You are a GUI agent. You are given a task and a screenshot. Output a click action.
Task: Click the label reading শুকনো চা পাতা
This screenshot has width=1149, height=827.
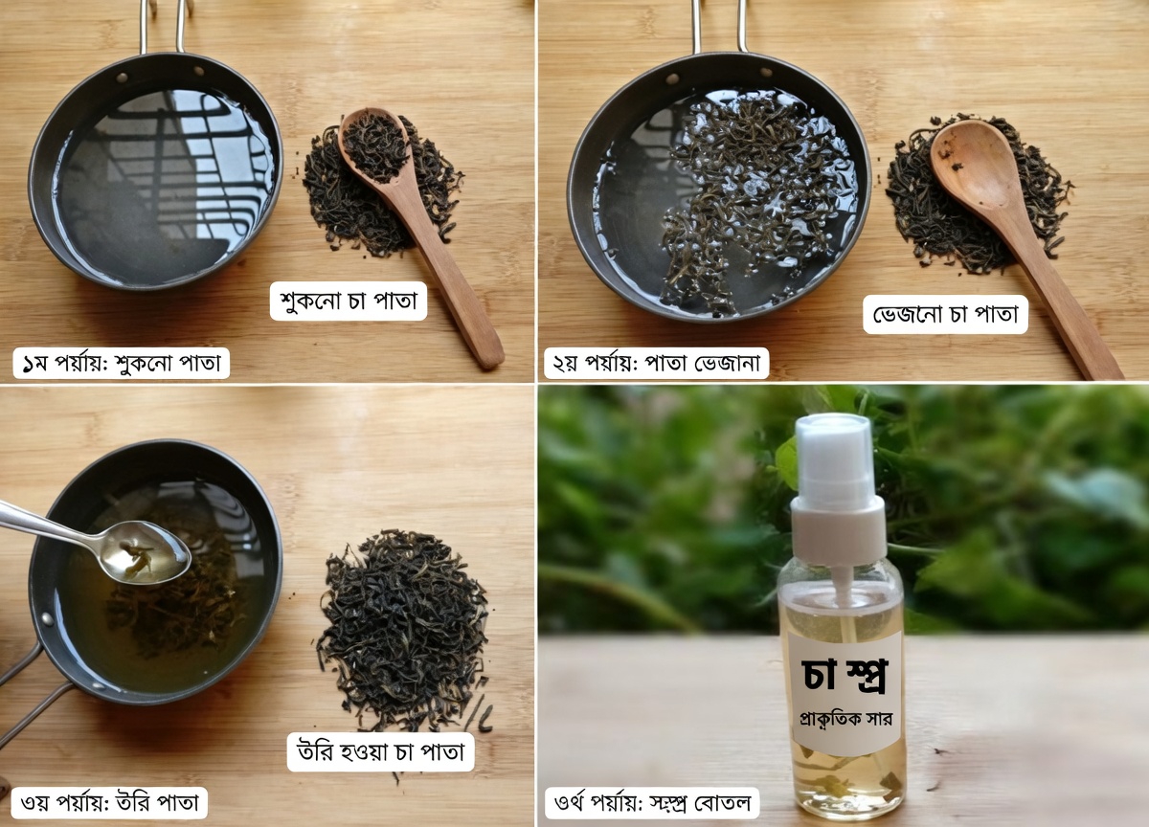pos(349,300)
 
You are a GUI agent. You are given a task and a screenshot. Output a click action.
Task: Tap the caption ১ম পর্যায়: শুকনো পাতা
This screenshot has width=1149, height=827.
pos(121,364)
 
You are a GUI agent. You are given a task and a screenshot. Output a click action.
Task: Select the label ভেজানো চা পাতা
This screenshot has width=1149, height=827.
pos(945,314)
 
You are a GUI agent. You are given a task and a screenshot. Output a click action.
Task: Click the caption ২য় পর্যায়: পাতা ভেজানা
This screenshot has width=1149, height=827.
pos(658,364)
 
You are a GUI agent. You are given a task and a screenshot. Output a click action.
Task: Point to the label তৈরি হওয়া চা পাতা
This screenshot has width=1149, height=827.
pos(381,751)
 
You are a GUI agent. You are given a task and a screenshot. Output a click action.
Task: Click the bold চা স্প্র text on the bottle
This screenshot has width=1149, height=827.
pos(844,675)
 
